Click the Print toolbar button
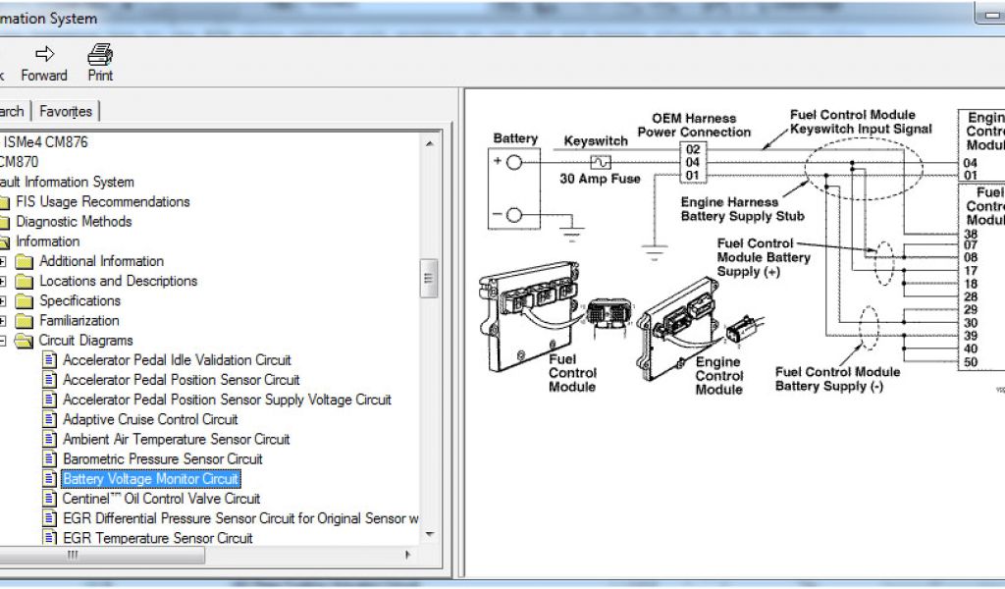tap(100, 62)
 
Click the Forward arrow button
tap(44, 62)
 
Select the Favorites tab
tap(66, 111)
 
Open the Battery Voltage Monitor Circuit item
tap(150, 479)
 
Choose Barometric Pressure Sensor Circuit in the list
tap(162, 459)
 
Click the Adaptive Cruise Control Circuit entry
tap(150, 419)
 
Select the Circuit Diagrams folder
tap(85, 341)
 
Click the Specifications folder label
tap(79, 300)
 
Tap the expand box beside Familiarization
tap(3, 321)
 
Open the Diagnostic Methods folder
tap(73, 222)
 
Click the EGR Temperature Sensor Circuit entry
tap(157, 538)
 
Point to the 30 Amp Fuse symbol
tap(599, 161)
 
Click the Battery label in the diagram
tap(515, 138)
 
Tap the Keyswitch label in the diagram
tap(596, 141)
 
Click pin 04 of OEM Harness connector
tap(693, 162)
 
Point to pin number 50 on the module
tap(971, 362)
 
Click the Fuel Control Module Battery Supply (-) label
tap(837, 379)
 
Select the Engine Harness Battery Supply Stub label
tap(742, 209)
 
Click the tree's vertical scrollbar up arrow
tap(429, 143)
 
